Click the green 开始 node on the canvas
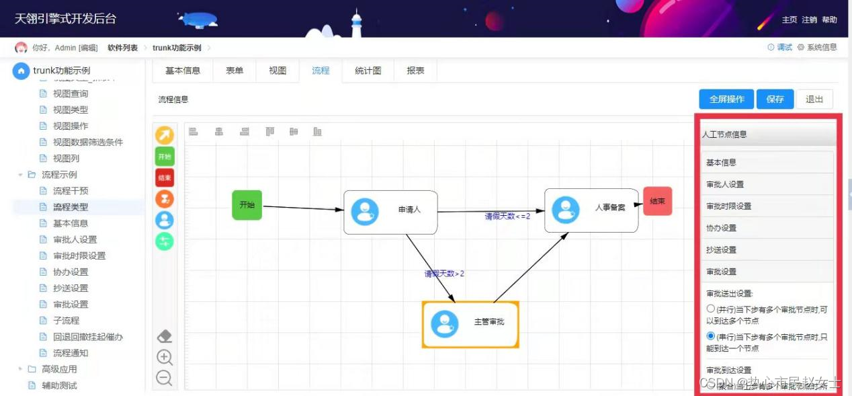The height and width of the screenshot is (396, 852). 247,205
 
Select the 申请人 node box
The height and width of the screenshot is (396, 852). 390,212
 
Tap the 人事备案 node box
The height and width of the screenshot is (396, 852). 591,210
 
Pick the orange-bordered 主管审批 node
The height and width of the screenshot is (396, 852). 470,323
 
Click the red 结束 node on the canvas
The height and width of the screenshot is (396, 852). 657,201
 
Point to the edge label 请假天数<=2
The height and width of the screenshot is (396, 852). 507,216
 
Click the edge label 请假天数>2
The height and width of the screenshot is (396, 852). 444,274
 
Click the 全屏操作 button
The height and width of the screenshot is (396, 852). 726,99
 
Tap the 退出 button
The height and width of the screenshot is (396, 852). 814,99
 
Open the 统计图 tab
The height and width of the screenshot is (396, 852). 368,71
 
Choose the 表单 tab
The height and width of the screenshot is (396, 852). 235,71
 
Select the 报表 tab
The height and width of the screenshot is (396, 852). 415,71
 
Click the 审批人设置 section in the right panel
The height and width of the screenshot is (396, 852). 725,184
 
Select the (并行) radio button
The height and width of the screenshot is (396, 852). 711,309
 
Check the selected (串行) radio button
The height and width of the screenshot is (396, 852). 711,336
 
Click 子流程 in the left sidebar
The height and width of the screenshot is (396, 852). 66,321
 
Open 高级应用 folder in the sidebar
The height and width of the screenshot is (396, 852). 59,369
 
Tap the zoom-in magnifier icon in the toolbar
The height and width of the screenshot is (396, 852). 165,358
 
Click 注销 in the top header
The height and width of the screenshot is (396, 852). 809,19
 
